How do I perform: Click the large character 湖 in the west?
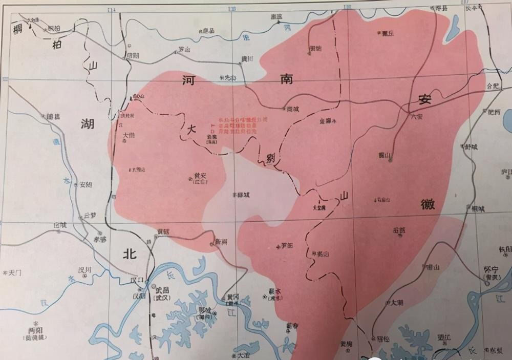88,123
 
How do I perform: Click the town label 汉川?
84,270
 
